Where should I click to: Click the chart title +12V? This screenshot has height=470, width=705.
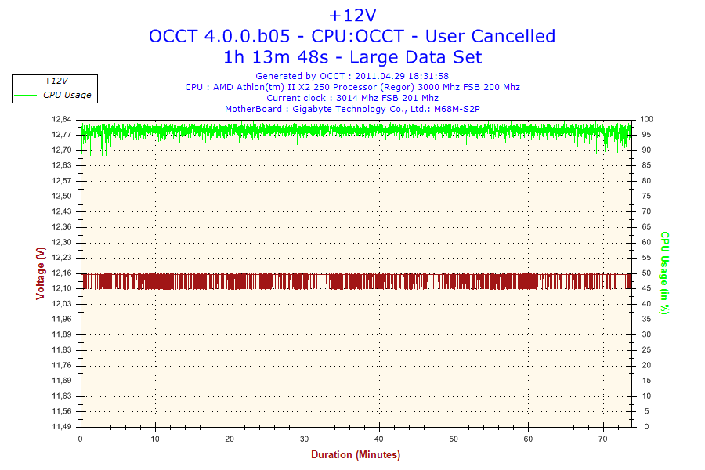(352, 15)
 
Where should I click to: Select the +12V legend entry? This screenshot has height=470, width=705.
(56, 81)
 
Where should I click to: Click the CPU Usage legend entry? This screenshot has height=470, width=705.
(67, 95)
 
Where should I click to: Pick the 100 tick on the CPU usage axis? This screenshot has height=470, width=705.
(647, 119)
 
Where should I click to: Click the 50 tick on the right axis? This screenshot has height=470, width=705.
(645, 273)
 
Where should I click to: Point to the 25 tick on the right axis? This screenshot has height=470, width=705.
(645, 350)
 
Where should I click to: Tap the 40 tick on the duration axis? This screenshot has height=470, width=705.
(379, 439)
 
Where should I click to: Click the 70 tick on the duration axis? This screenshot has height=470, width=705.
(603, 439)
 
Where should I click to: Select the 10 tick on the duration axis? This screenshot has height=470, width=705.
(156, 439)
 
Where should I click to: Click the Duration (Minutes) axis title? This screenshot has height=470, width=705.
(356, 455)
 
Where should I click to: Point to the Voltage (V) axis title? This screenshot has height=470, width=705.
(40, 273)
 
